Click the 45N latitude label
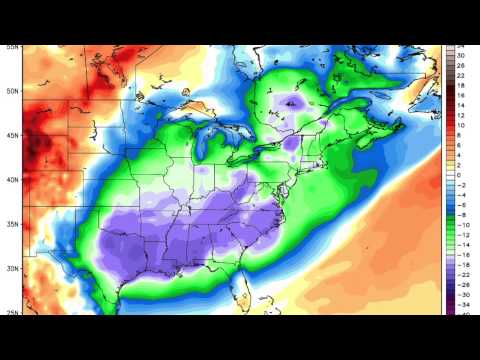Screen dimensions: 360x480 (12, 136)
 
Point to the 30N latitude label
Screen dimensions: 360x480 (12, 269)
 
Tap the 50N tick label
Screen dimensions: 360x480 (12, 91)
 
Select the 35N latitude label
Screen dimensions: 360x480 (12, 225)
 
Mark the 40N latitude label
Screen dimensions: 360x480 (12, 180)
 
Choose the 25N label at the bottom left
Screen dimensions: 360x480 (12, 312)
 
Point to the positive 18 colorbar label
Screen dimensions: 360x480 (462, 86)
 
